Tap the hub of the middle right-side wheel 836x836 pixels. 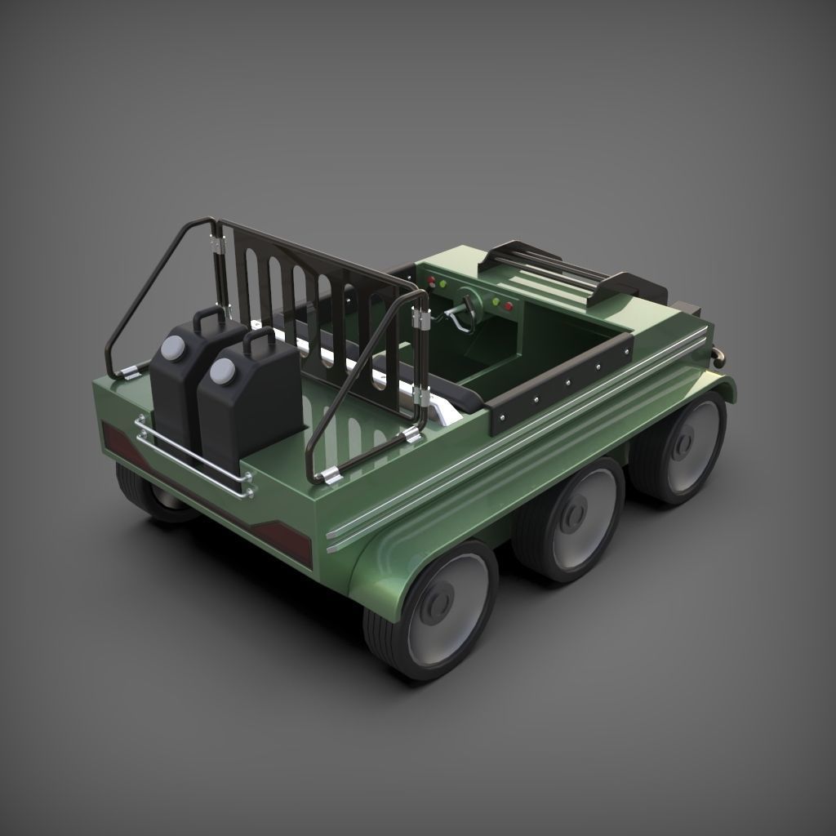pos(575,515)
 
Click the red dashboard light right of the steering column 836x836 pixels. pos(508,307)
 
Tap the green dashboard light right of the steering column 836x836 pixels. pos(495,301)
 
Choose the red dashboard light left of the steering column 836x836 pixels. pos(431,281)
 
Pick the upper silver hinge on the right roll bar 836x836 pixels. pos(421,320)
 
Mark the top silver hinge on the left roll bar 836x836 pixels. pos(216,244)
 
